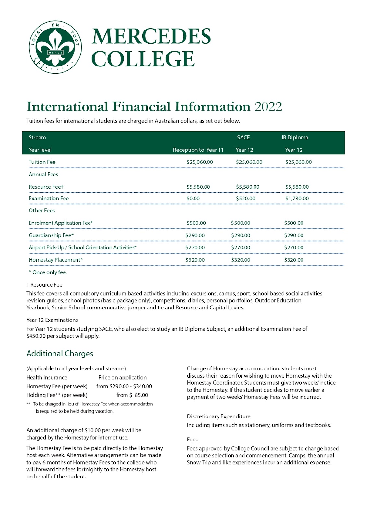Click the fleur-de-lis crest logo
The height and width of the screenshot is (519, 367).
[55, 47]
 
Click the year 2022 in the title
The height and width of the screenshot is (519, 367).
[268, 107]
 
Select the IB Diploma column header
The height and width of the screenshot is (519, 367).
[295, 138]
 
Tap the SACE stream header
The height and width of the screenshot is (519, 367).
[243, 138]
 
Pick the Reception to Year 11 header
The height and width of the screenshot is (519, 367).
[198, 150]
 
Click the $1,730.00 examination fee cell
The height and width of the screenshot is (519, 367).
[297, 199]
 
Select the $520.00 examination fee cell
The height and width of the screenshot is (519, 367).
[245, 199]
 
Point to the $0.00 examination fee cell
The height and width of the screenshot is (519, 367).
[193, 199]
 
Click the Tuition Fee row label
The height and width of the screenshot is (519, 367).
[42, 162]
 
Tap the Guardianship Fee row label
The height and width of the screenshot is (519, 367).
[51, 235]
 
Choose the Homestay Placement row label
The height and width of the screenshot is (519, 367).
[56, 260]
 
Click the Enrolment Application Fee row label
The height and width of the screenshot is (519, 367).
[61, 223]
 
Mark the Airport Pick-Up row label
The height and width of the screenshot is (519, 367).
[83, 248]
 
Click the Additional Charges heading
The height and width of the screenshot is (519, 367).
[60, 354]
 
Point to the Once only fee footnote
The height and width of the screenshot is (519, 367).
[48, 272]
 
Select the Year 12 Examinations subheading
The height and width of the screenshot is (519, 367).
[52, 320]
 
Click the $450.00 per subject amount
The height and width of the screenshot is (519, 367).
[36, 336]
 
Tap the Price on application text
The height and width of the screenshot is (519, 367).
[123, 378]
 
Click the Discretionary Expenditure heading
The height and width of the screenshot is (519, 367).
[219, 416]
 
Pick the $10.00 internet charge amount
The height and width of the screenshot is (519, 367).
[92, 430]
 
